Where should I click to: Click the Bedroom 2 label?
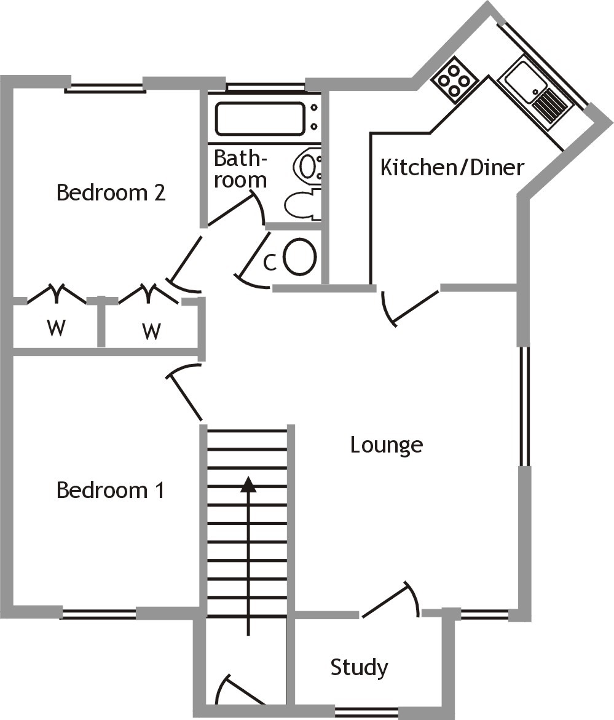pyautogui.click(x=111, y=193)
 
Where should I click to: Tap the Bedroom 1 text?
pyautogui.click(x=110, y=490)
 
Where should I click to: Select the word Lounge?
pyautogui.click(x=386, y=444)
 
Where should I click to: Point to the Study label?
pyautogui.click(x=359, y=667)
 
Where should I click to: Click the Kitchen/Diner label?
pyautogui.click(x=452, y=167)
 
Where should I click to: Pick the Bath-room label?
pyautogui.click(x=240, y=169)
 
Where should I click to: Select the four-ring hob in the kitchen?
pyautogui.click(x=455, y=80)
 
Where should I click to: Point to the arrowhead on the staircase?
pyautogui.click(x=248, y=485)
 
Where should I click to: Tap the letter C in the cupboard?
pyautogui.click(x=269, y=263)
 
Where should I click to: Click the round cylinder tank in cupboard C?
pyautogui.click(x=300, y=256)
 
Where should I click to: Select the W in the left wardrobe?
pyautogui.click(x=56, y=328)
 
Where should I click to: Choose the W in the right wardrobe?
pyautogui.click(x=151, y=331)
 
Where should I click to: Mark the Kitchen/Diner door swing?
pyautogui.click(x=406, y=306)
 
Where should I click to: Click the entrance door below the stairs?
pyautogui.click(x=237, y=692)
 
